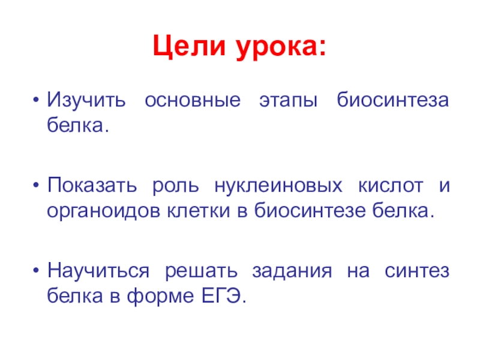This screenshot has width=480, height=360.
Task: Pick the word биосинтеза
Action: (x=392, y=100)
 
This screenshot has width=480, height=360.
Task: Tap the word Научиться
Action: (x=100, y=271)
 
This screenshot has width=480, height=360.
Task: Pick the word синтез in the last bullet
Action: (x=419, y=271)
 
